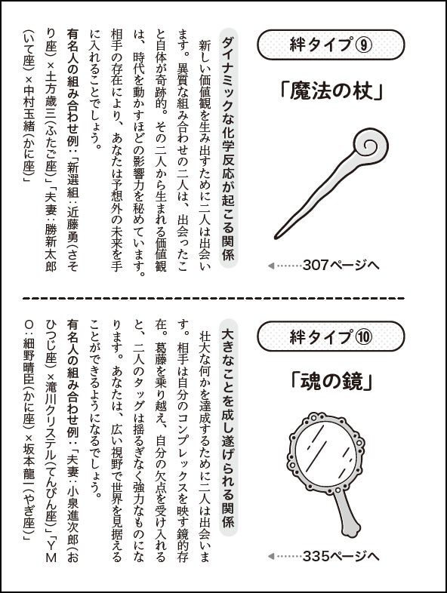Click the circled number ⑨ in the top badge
click(x=363, y=45)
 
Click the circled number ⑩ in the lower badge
click(x=363, y=336)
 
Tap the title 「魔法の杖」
click(x=331, y=91)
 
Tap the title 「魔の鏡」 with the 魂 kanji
click(x=331, y=383)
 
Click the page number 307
click(x=316, y=266)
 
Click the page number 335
click(x=316, y=556)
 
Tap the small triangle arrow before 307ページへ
click(x=270, y=266)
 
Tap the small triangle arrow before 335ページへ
click(x=270, y=556)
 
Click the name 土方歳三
click(x=51, y=94)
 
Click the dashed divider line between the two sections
click(x=214, y=299)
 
